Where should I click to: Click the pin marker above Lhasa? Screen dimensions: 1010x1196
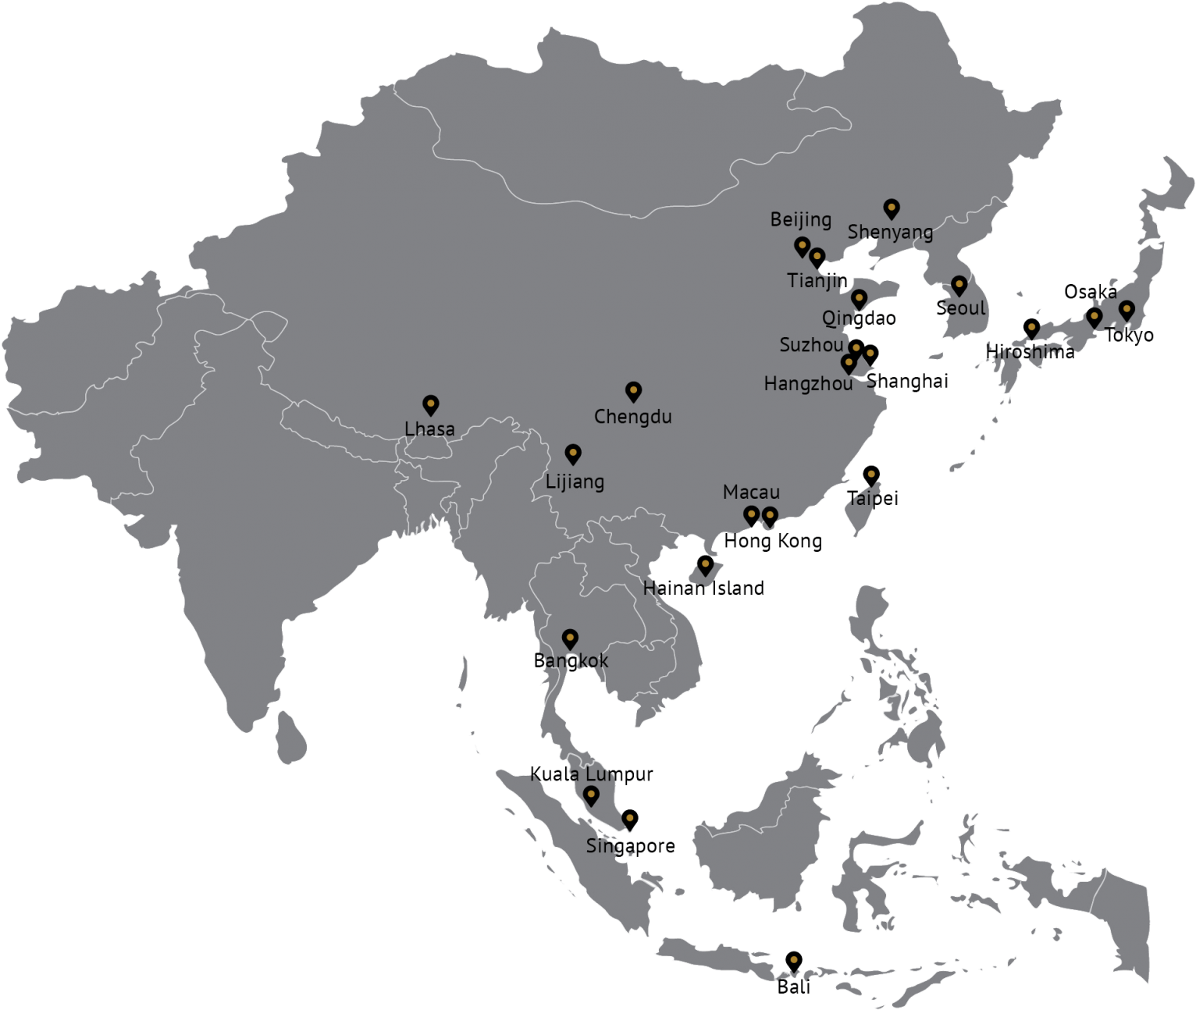[x=430, y=404]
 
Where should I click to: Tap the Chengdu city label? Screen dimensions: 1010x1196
[x=632, y=416]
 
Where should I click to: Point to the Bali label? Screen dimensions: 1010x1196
[x=792, y=987]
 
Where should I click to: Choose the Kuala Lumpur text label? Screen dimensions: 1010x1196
[x=591, y=774]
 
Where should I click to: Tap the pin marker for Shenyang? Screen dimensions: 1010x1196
[x=892, y=208]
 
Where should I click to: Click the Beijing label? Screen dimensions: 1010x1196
[x=800, y=219]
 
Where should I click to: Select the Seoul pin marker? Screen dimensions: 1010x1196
[x=959, y=286]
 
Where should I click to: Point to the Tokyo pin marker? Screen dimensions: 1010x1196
[x=1127, y=310]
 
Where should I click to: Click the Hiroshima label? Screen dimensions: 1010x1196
[x=1030, y=351]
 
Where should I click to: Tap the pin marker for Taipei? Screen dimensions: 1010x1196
[x=871, y=475]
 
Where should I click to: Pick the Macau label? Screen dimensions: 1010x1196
[x=751, y=492]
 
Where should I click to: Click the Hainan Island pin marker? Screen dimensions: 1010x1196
[x=705, y=564]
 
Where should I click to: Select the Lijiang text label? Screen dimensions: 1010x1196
[x=575, y=482]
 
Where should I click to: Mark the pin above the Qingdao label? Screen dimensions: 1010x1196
[x=859, y=299]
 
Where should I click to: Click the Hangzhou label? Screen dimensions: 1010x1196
[x=808, y=383]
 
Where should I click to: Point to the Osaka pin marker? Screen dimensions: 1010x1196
[x=1095, y=317]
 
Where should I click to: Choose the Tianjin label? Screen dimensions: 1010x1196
[x=817, y=280]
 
